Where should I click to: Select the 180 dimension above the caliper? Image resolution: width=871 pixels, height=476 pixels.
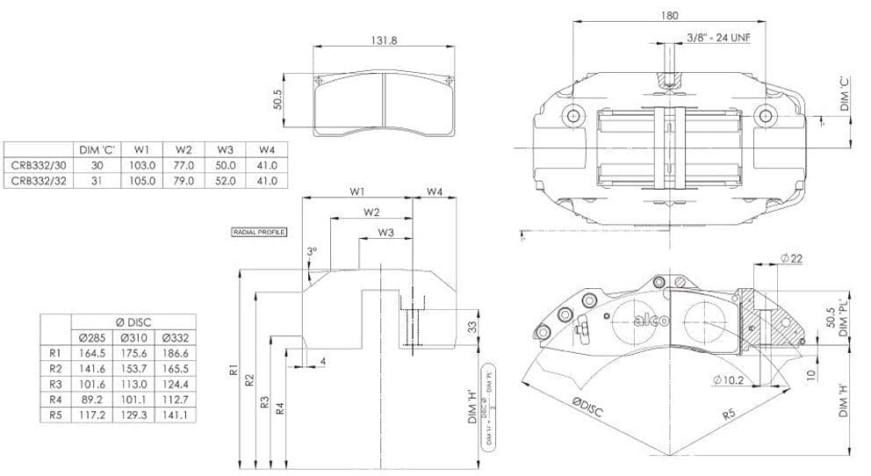point(672,15)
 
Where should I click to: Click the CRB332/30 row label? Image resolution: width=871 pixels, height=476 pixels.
point(36,164)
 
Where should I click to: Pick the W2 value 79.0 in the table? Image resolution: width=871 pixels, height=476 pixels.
point(183,181)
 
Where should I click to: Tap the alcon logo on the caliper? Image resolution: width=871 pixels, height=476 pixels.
point(651,321)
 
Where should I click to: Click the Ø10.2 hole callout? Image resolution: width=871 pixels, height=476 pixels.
point(728,380)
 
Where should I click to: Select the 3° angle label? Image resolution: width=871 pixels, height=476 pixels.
point(312,250)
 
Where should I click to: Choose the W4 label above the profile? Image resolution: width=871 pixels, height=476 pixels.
point(435,191)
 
